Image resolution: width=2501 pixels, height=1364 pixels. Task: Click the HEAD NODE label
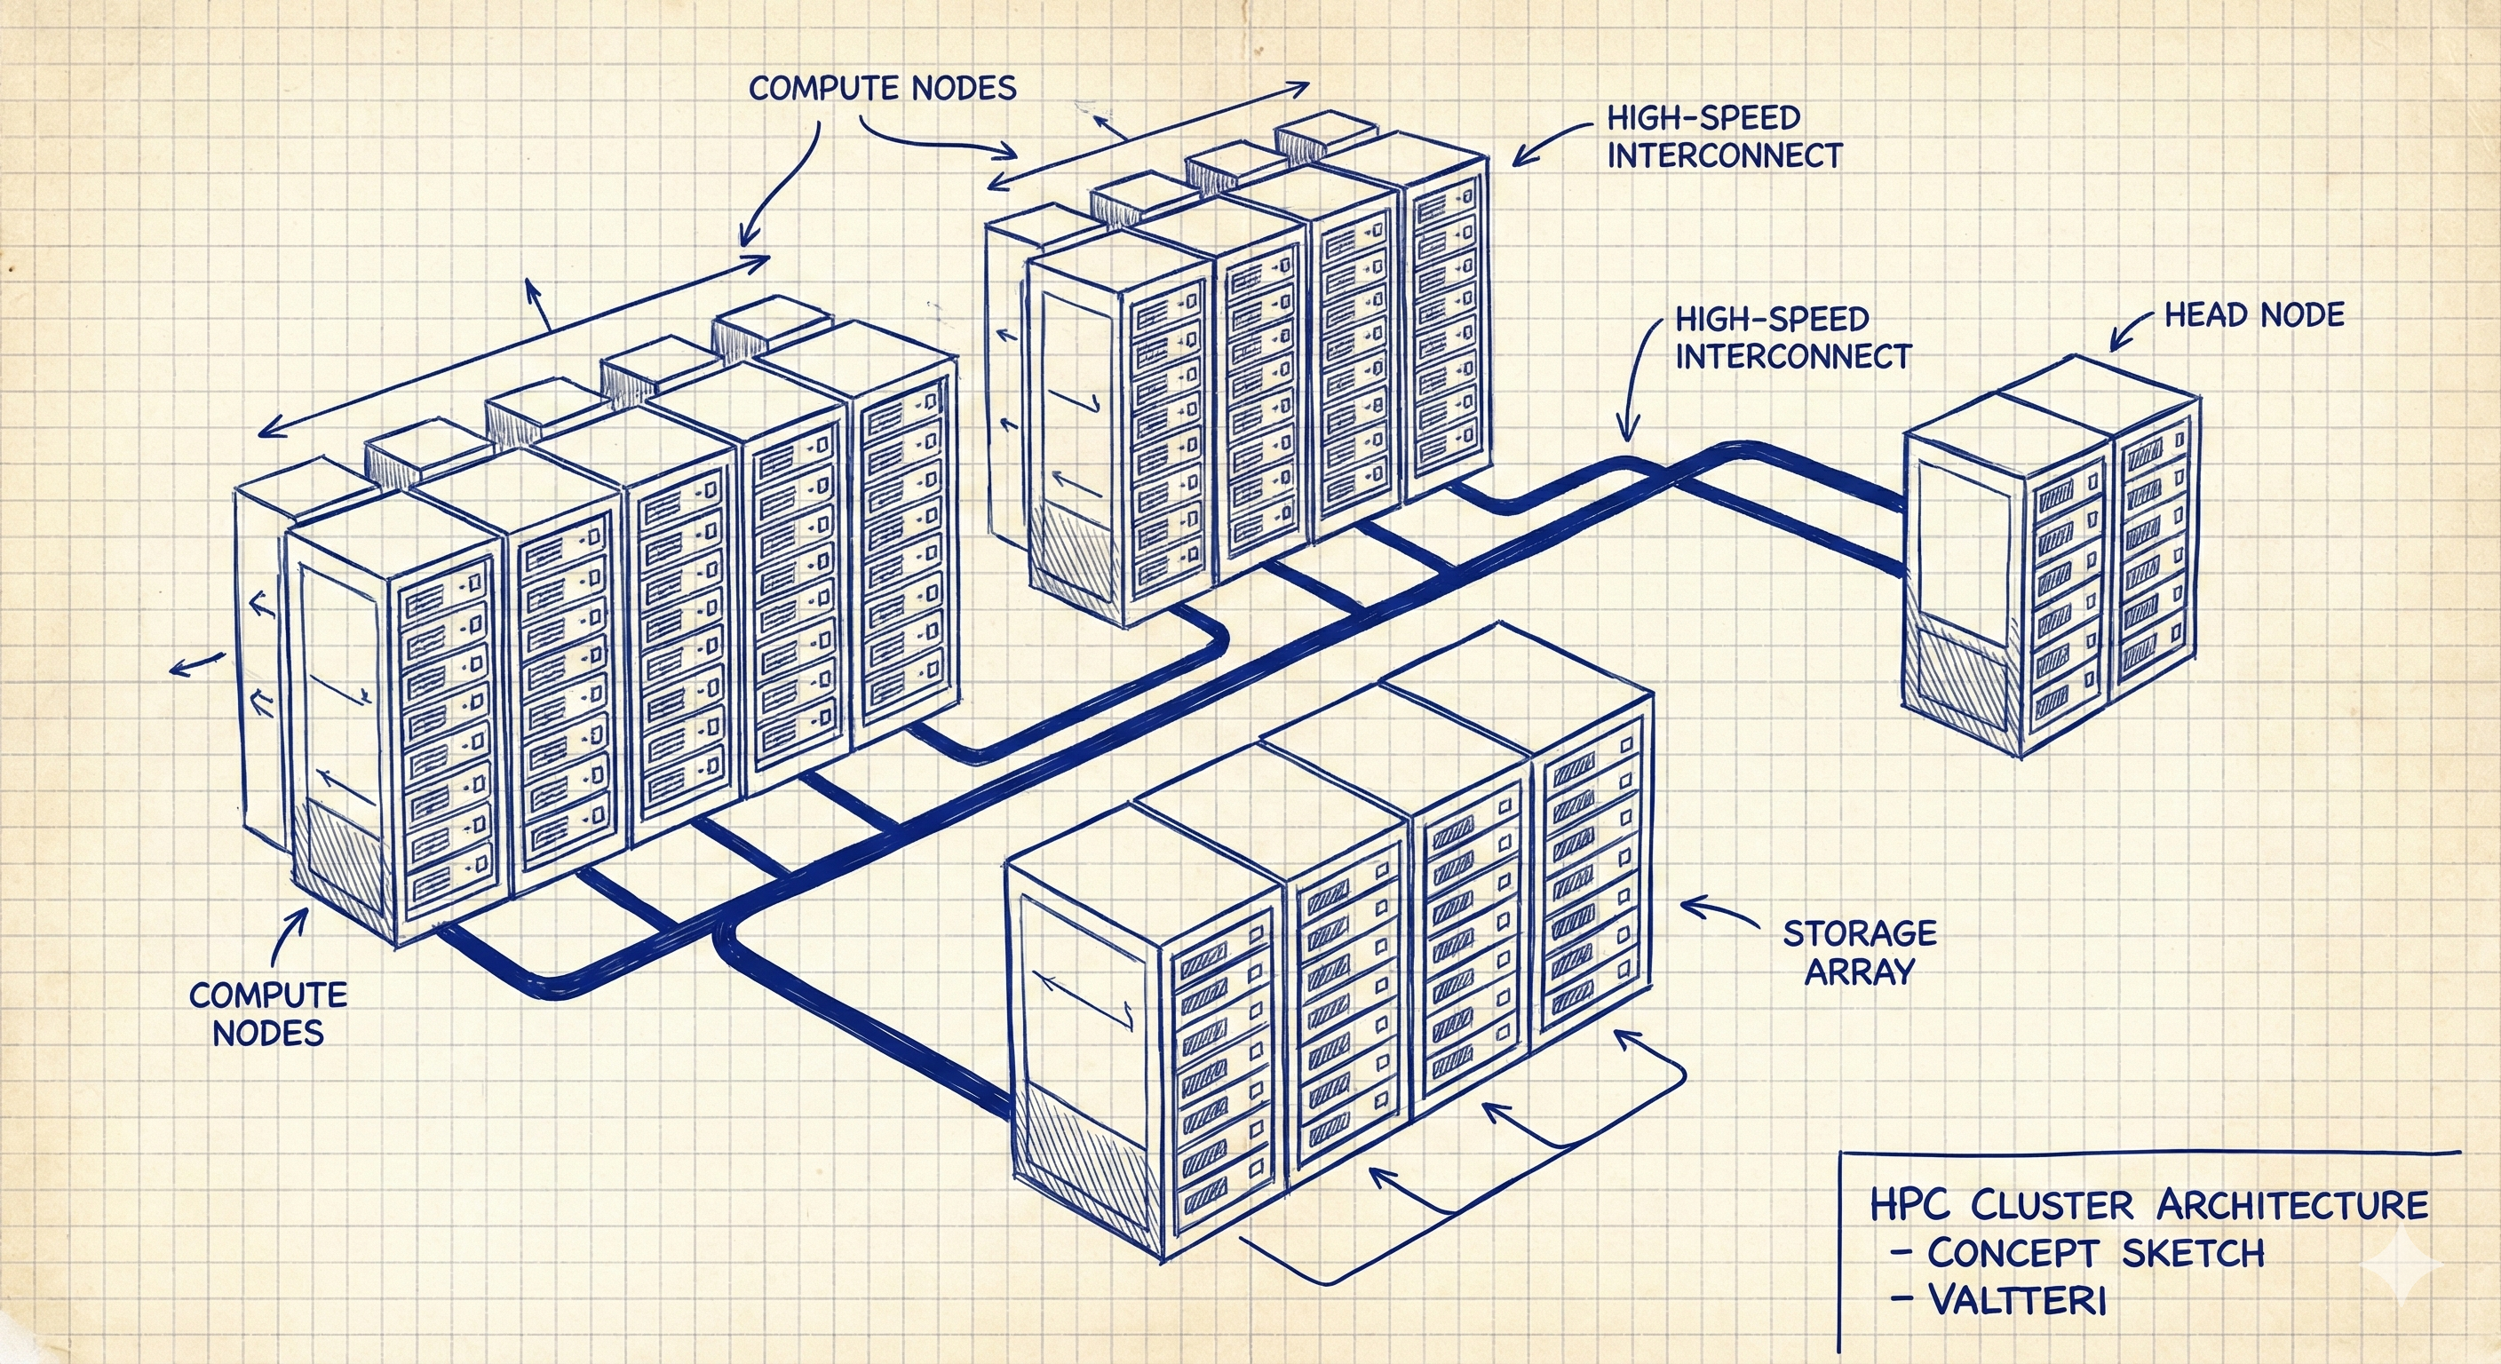click(2254, 314)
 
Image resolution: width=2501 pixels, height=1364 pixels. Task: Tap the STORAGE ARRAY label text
click(1859, 951)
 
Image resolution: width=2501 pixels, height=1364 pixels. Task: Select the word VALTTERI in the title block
click(2017, 1299)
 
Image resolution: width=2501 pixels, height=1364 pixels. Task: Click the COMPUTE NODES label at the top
click(883, 88)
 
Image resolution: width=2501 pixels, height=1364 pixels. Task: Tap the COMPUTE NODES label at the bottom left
click(268, 1012)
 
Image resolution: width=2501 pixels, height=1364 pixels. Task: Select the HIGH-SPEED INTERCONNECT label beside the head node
click(1792, 337)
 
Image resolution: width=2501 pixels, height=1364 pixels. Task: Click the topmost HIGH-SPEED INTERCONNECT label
click(1724, 137)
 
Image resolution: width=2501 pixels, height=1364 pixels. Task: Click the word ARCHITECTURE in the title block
click(2292, 1205)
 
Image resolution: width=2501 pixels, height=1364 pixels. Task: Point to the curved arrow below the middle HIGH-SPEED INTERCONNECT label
click(1635, 388)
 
